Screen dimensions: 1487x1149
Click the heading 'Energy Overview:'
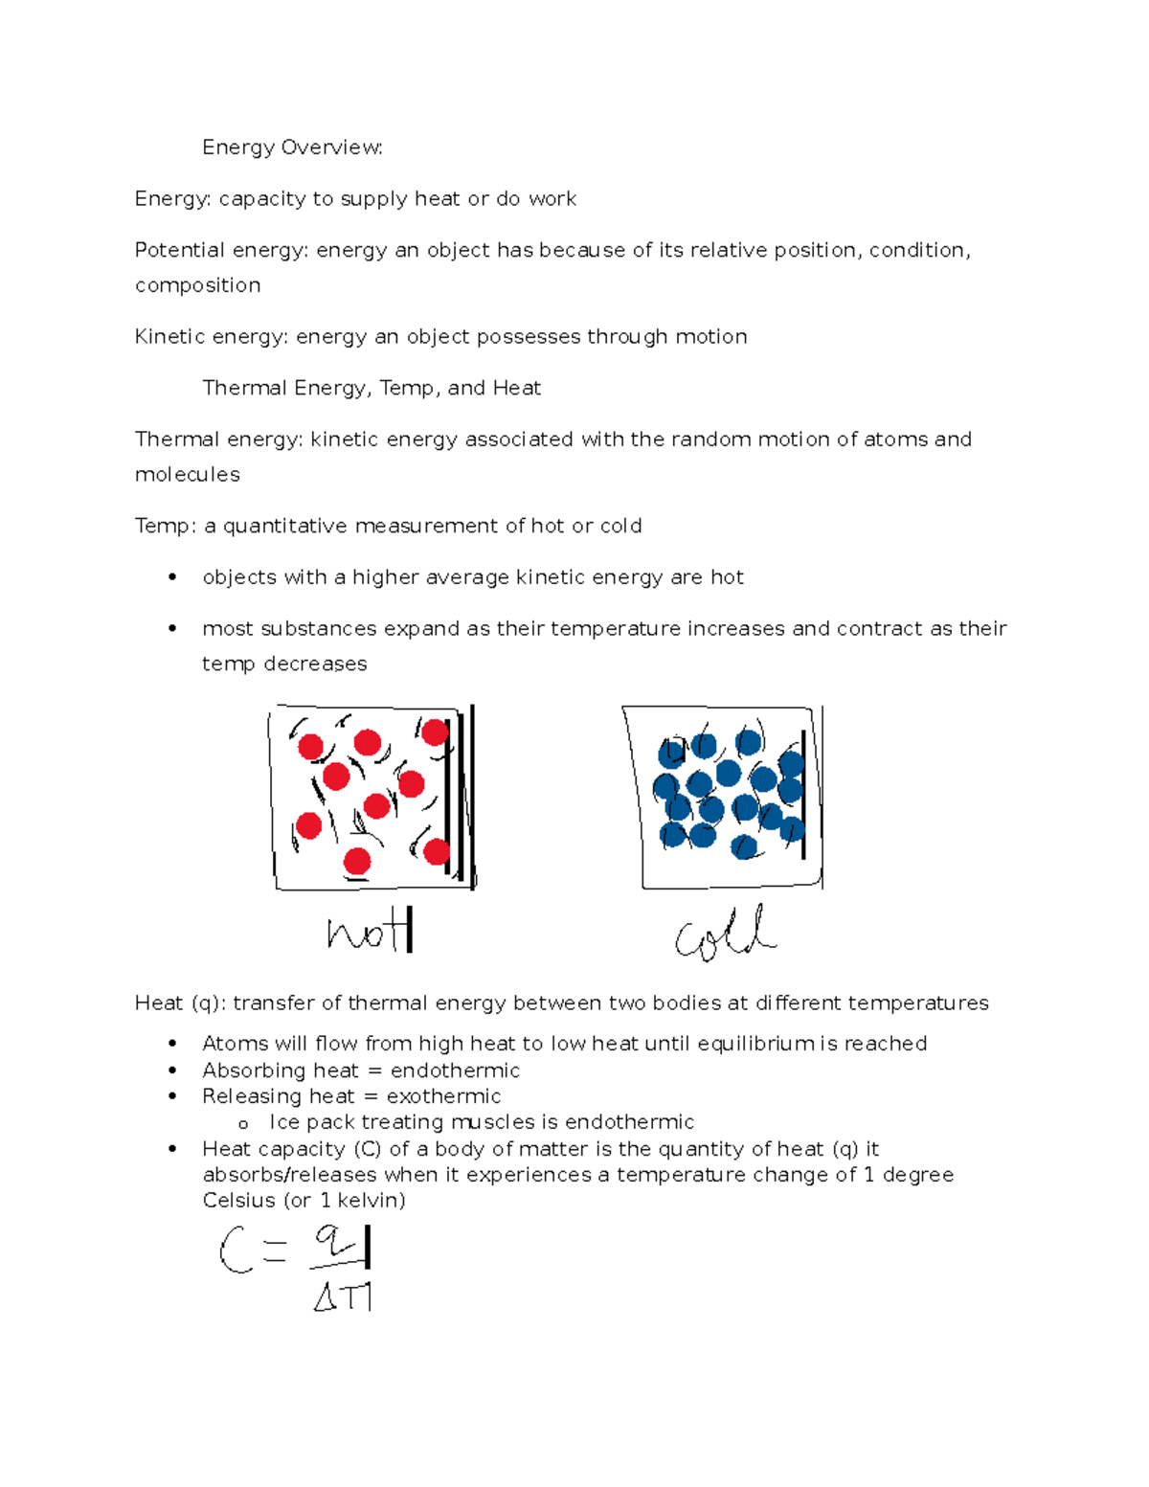pos(292,147)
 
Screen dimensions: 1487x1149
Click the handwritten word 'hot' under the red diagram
pos(369,931)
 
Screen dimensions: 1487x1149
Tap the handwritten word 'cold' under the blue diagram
pos(725,934)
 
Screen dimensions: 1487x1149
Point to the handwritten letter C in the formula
pos(235,1250)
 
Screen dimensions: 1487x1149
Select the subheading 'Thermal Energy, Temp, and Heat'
pos(372,388)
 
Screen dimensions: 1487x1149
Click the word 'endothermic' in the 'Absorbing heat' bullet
pos(455,1070)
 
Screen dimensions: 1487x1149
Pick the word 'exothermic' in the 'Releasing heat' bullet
pos(443,1096)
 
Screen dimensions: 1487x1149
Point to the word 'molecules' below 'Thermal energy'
pos(188,475)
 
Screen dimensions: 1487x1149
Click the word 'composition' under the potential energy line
pos(198,285)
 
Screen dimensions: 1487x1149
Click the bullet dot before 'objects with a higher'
pos(172,576)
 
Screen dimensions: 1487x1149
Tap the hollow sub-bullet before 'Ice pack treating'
pos(243,1124)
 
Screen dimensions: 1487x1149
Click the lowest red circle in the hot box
pos(357,861)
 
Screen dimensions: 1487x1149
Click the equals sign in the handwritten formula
pos(274,1250)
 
